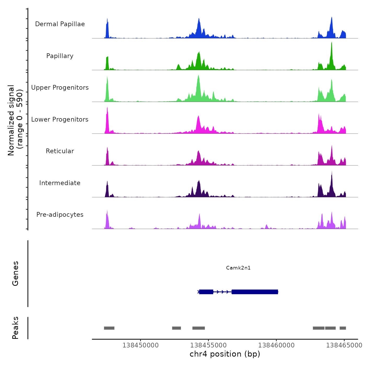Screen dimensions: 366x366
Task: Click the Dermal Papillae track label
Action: [60, 24]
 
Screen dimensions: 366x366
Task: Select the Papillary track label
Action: [60, 56]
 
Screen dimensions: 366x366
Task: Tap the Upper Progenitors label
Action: [60, 88]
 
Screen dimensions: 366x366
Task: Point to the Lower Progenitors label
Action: [60, 119]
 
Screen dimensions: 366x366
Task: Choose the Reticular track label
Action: [60, 151]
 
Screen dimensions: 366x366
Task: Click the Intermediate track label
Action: [60, 183]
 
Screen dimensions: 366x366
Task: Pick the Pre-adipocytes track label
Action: [60, 215]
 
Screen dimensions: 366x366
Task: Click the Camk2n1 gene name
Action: [238, 268]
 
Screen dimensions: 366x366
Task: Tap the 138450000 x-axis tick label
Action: [140, 345]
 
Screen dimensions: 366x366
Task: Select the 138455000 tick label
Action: [208, 345]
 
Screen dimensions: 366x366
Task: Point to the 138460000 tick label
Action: [276, 345]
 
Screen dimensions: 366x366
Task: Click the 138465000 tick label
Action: [344, 345]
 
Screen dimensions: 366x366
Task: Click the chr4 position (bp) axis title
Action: [225, 354]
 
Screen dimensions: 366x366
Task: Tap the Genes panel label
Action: [15, 273]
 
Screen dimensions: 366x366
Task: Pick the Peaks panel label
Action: [15, 328]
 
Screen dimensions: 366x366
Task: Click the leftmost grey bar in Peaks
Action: [109, 328]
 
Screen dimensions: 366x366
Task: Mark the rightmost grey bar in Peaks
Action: [343, 328]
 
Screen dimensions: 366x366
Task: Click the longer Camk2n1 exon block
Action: [255, 292]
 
